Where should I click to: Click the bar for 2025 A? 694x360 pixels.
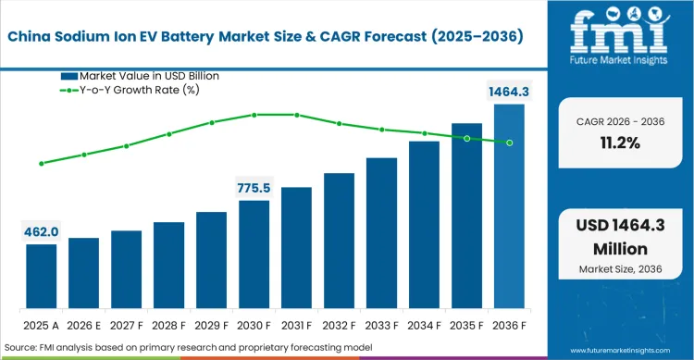coord(41,276)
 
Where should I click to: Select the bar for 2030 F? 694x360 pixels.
coord(254,254)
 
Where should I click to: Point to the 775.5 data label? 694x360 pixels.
coord(254,188)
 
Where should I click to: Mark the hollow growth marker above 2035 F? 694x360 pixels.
coord(466,139)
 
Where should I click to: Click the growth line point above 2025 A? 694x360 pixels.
coord(41,164)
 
